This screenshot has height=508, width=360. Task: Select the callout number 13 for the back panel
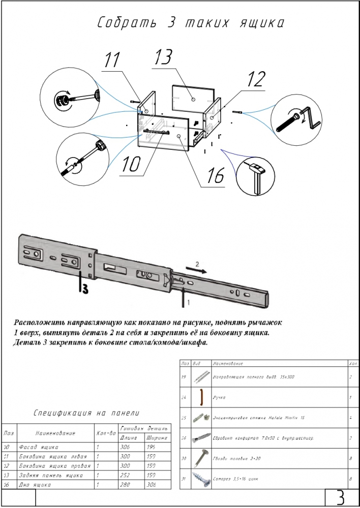pos(164,57)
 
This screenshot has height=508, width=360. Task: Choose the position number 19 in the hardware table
pos(184,377)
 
